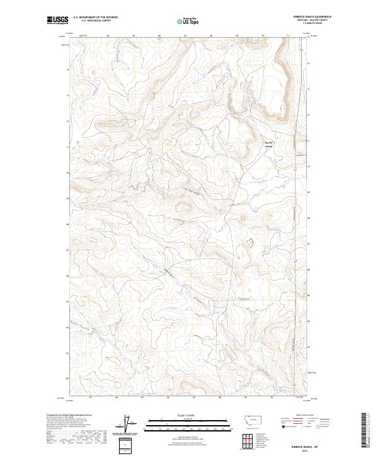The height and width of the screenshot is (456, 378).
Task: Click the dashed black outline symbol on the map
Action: click(x=249, y=242)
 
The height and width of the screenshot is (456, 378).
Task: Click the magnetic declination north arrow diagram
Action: click(x=129, y=425)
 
